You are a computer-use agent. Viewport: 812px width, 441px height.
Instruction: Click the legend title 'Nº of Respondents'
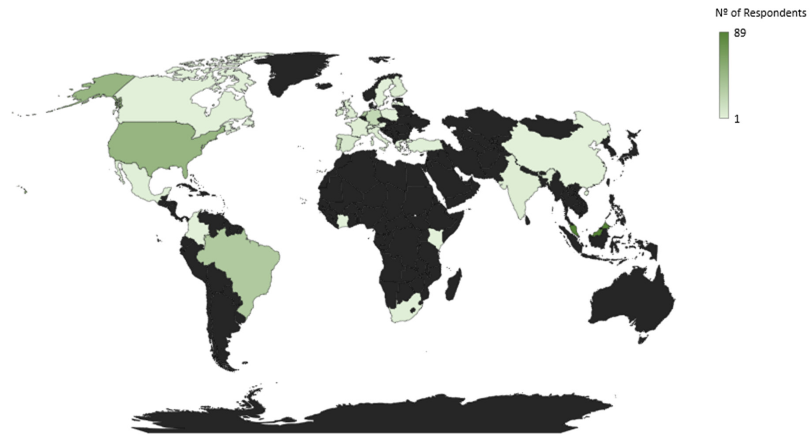(760, 13)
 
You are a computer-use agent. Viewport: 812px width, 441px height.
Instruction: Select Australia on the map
(631, 302)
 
